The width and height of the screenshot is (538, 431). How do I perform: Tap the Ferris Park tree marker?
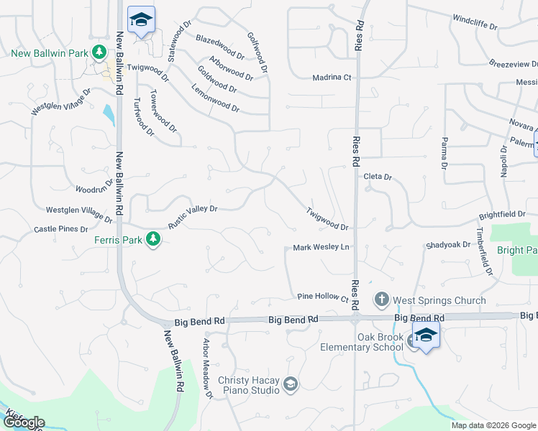(152, 239)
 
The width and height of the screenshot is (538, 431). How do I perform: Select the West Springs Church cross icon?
(381, 299)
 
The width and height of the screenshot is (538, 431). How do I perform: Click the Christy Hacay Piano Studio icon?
(290, 385)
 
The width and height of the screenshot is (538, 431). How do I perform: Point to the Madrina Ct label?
(332, 78)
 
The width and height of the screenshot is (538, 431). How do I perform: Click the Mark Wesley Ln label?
(321, 248)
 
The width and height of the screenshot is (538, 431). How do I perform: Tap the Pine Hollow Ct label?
(323, 297)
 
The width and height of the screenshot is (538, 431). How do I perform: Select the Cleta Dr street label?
(378, 177)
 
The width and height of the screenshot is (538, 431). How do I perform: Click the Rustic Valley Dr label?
(193, 216)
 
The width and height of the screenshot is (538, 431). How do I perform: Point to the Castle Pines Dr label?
(61, 229)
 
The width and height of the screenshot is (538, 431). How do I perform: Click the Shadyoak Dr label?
(447, 245)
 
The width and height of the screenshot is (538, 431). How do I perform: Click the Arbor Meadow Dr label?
(207, 368)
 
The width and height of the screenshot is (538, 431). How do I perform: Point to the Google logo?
(23, 423)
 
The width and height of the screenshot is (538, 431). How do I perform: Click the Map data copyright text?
(493, 425)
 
